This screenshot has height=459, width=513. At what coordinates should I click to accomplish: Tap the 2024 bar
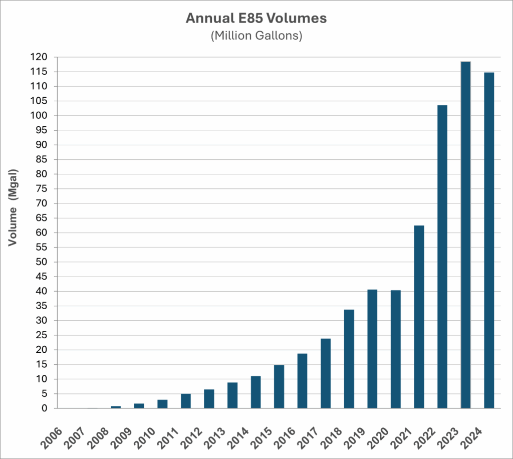click(x=489, y=240)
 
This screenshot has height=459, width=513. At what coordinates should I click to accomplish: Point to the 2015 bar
click(x=279, y=386)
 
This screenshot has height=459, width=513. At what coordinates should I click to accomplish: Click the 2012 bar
click(x=209, y=399)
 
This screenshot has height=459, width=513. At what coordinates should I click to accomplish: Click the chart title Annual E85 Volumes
click(x=256, y=19)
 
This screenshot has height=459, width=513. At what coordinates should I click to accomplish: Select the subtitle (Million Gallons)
click(x=256, y=37)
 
